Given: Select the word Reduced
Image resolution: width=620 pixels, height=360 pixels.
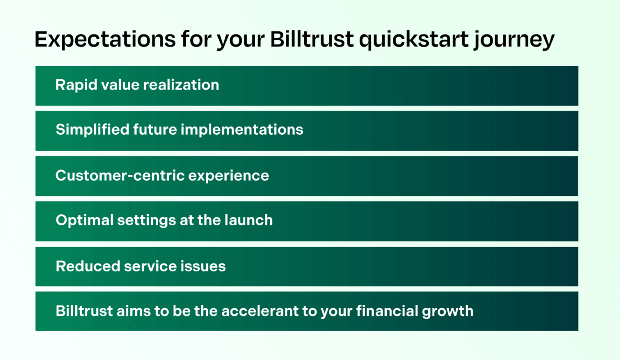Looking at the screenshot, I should pos(87,266).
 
